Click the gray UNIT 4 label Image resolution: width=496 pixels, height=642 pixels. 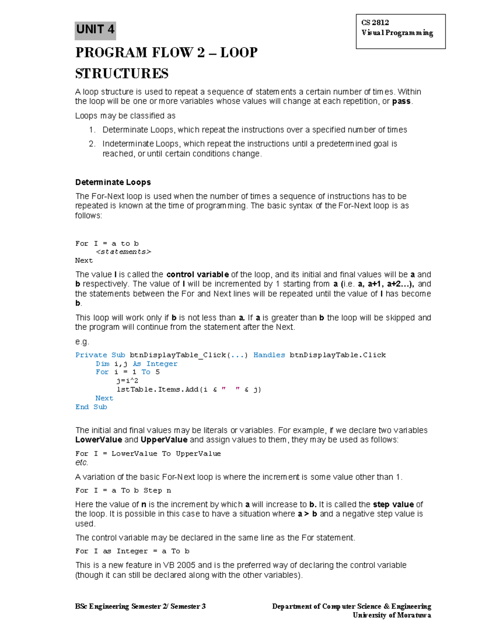click(95, 30)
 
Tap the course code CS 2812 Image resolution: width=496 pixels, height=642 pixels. click(375, 23)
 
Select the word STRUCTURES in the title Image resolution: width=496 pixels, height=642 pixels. click(122, 74)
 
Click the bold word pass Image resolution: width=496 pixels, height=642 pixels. click(401, 101)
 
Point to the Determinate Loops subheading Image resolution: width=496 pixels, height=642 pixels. click(113, 182)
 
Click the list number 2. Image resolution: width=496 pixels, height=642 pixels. click(92, 144)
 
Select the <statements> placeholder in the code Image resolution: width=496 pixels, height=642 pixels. click(124, 252)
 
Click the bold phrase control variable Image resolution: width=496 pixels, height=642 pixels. click(197, 274)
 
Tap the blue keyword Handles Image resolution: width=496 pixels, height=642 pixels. click(269, 355)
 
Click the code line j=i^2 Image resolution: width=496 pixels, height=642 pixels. click(127, 381)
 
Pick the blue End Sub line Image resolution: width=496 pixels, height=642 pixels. click(91, 407)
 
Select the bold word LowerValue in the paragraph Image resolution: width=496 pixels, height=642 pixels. click(98, 440)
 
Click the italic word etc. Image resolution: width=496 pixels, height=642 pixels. click(81, 463)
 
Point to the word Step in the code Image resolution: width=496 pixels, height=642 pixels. click(153, 491)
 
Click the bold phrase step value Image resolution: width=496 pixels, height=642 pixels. click(393, 504)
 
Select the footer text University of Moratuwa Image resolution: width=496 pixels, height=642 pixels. click(391, 615)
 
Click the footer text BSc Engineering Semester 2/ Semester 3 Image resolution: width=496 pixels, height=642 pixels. click(140, 606)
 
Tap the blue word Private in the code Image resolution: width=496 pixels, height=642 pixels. click(91, 355)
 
